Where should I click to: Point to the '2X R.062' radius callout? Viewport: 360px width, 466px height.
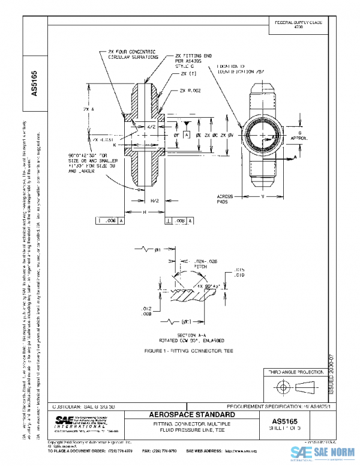pos(191,91)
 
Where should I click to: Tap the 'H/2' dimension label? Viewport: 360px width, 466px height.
pos(154,200)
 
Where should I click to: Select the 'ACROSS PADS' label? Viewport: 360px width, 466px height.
pos(226,199)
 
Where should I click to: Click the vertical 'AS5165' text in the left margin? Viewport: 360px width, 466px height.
pos(34,84)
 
